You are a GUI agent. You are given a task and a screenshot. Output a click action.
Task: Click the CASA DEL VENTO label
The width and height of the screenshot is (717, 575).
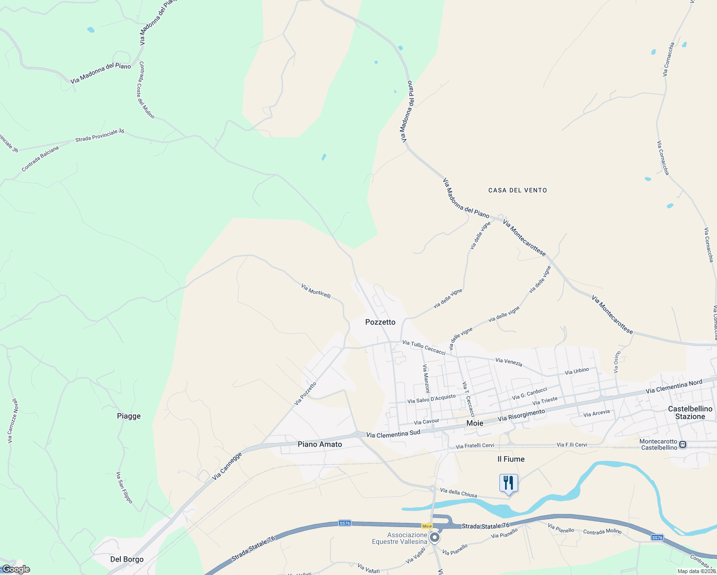pyautogui.click(x=518, y=190)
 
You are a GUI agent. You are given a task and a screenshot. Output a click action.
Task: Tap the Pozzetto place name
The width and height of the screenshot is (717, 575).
pyautogui.click(x=380, y=322)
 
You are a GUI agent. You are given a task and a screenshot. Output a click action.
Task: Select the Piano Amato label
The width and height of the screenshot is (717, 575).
pyautogui.click(x=320, y=444)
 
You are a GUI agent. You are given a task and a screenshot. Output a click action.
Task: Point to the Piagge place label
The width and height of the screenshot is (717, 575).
pyautogui.click(x=129, y=416)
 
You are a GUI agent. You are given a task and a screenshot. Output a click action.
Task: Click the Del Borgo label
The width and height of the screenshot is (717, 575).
pyautogui.click(x=127, y=559)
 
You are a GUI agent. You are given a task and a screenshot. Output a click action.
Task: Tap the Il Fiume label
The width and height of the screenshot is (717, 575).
pyautogui.click(x=511, y=459)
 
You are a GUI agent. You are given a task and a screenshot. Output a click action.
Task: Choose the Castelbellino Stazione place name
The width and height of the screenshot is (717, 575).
pyautogui.click(x=690, y=413)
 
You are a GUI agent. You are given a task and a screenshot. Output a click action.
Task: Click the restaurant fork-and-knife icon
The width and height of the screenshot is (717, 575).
pyautogui.click(x=509, y=483)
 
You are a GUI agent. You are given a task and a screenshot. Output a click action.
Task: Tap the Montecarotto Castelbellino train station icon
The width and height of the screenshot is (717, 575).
pyautogui.click(x=683, y=445)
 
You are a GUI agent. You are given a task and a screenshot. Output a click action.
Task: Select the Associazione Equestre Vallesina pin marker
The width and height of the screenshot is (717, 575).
pyautogui.click(x=435, y=538)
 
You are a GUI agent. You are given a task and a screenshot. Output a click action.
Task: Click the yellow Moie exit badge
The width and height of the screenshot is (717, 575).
pyautogui.click(x=427, y=526)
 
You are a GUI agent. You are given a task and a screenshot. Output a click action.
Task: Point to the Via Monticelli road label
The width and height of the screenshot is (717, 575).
pyautogui.click(x=316, y=291)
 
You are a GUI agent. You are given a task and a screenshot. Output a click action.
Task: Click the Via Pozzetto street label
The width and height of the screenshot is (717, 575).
pyautogui.click(x=305, y=393)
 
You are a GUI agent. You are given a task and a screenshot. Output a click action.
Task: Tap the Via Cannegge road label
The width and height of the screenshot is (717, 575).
pyautogui.click(x=227, y=466)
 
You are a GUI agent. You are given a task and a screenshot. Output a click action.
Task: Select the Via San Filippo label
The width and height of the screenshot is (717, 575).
pyautogui.click(x=124, y=487)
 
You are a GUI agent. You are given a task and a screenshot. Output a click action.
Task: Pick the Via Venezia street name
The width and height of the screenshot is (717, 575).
pyautogui.click(x=509, y=362)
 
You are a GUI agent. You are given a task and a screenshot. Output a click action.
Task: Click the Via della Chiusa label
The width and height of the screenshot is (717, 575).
pyautogui.click(x=458, y=493)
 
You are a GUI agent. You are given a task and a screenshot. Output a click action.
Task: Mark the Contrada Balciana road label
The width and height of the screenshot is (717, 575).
pyautogui.click(x=40, y=159)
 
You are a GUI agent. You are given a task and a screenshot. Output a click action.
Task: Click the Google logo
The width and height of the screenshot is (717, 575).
pyautogui.click(x=16, y=569)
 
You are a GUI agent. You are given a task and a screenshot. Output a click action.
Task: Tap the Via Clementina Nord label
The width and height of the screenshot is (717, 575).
pyautogui.click(x=674, y=386)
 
